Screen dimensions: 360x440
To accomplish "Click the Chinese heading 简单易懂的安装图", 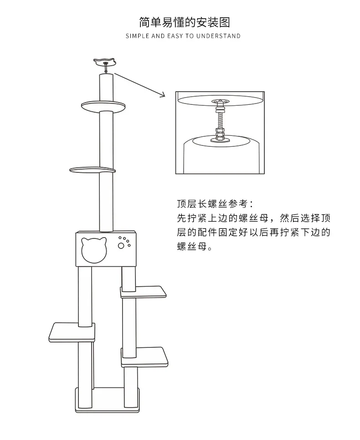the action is coord(184,22).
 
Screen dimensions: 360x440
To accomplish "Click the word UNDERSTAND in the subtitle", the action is coord(218,36).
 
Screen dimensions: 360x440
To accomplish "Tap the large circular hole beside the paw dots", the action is coord(121,246).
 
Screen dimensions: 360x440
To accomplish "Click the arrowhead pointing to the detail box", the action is coord(162,94).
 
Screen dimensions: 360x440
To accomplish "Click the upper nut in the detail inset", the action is coord(220,106).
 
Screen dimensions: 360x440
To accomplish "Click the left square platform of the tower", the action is coord(72,331).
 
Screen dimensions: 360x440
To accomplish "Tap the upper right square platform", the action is coord(143,292).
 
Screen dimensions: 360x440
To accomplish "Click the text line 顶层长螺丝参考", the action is coord(215,203).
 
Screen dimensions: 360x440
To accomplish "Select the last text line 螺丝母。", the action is coord(195,247).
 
